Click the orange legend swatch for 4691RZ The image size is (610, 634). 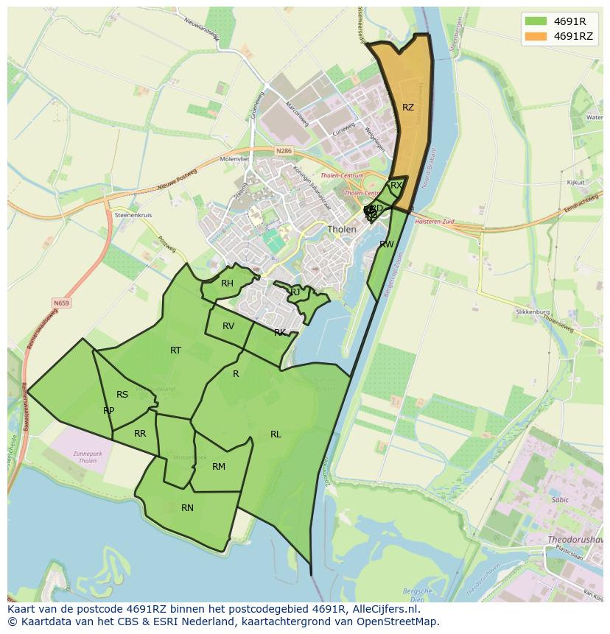point(536,36)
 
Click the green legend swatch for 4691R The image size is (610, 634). point(536,21)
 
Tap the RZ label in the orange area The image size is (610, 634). point(408,108)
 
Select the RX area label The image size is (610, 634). point(396,186)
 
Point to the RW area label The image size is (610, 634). point(386,244)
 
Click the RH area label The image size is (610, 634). point(227,283)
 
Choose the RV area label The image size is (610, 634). point(228,326)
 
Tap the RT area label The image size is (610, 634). point(175,351)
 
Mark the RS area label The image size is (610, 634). point(122,395)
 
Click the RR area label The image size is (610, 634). point(140,434)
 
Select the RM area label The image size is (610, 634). point(219,467)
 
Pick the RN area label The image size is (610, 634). point(187,508)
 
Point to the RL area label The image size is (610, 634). point(276,434)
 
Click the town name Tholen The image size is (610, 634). point(342,230)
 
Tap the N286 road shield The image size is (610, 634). point(284,151)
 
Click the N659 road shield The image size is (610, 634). point(62,302)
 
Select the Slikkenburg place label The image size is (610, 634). point(533,312)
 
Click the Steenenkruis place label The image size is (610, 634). point(133,215)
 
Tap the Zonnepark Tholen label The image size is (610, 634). point(88,457)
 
